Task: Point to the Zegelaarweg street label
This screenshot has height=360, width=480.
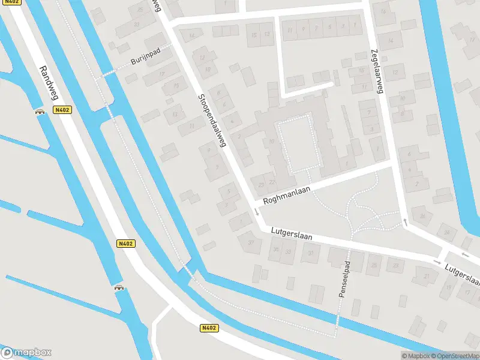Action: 376,71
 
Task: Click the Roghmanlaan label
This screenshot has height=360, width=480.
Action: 286,197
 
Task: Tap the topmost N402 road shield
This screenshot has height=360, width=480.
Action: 61,110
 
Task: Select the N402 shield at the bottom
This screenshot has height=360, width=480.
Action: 208,328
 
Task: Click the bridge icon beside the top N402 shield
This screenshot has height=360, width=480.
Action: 41,110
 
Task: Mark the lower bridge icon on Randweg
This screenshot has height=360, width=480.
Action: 119,287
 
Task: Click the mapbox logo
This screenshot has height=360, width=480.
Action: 26,353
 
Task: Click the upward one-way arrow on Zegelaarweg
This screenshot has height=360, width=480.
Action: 404,223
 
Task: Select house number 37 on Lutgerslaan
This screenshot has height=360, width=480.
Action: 250,242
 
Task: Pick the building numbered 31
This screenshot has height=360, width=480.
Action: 310,253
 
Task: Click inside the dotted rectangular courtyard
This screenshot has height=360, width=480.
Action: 296,143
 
